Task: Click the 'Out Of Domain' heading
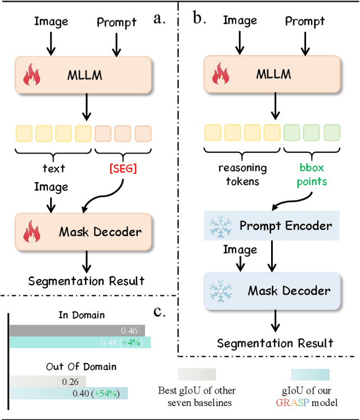pyautogui.click(x=82, y=367)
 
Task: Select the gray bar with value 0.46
pyautogui.click(x=76, y=331)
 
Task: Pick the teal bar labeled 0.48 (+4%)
pyautogui.click(x=80, y=342)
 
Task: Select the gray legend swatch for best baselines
pyautogui.click(x=197, y=375)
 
